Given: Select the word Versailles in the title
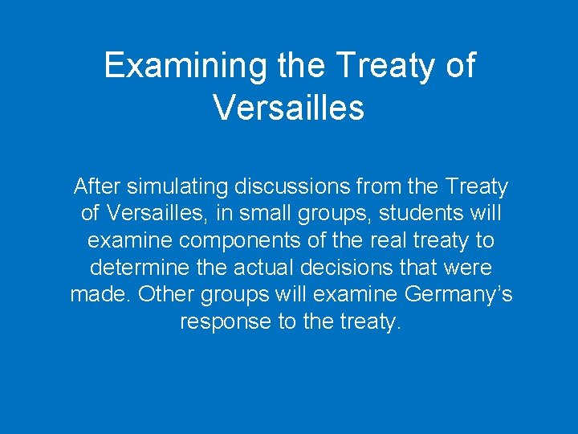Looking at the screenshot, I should tap(289, 107).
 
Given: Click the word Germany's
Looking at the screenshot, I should tap(458, 294).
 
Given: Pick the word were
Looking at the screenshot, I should tap(467, 268).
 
